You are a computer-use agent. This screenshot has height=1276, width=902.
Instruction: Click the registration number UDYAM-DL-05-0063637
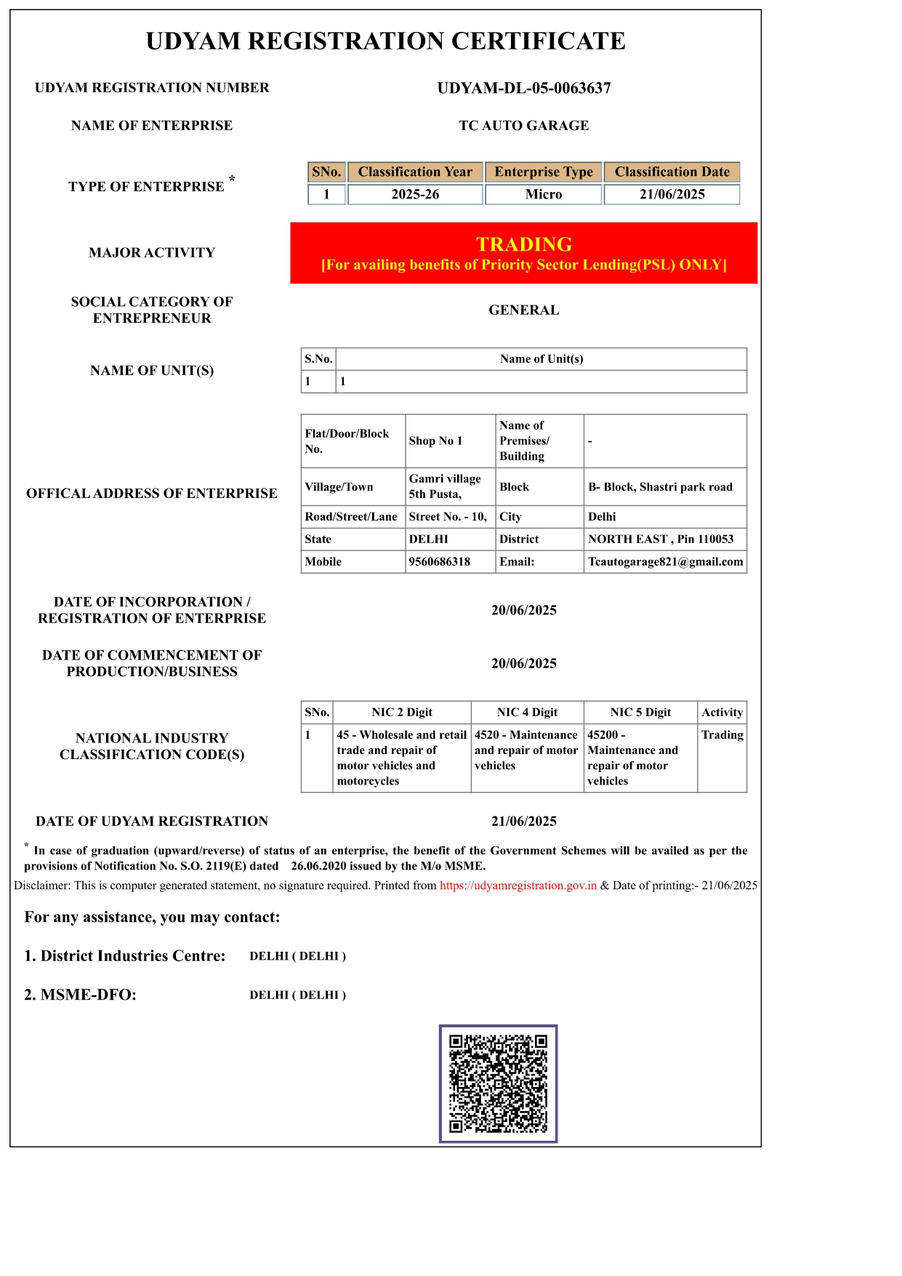(x=523, y=88)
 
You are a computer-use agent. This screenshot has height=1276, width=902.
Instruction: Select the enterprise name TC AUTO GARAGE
(x=523, y=125)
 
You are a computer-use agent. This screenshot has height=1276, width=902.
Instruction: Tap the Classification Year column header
(x=415, y=172)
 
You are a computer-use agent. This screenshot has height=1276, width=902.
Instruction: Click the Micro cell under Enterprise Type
(x=543, y=194)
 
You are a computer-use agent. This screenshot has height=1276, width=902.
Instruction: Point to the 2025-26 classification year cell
(x=415, y=194)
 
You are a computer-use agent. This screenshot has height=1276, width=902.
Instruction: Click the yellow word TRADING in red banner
(x=523, y=244)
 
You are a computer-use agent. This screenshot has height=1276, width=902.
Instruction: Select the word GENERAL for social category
(x=523, y=310)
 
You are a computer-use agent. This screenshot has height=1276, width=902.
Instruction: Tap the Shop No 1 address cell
(x=435, y=441)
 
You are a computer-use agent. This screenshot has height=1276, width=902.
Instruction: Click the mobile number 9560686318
(x=439, y=561)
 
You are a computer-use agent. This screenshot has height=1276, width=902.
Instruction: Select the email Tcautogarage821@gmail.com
(x=665, y=561)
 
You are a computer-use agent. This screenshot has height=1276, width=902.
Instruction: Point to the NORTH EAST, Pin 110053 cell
(x=661, y=539)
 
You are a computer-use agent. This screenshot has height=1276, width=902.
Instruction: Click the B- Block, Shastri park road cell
(x=660, y=486)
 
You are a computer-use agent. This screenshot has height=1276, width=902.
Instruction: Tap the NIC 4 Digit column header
(x=527, y=712)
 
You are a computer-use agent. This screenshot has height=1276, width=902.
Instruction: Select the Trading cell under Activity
(x=722, y=734)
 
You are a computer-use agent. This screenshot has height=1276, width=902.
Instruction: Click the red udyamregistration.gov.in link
(x=518, y=886)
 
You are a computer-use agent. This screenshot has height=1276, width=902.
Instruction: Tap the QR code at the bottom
(x=498, y=1083)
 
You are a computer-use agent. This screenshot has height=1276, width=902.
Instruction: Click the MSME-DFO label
(x=80, y=995)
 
